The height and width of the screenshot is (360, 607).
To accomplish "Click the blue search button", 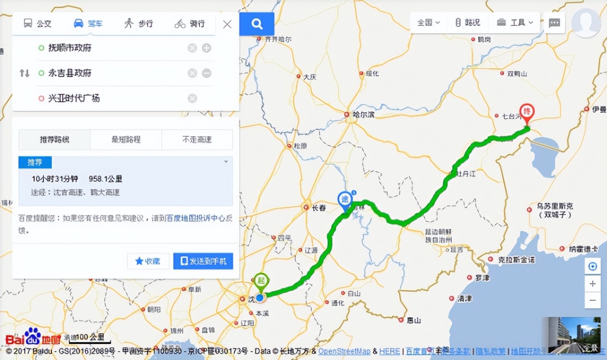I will tap(257, 24).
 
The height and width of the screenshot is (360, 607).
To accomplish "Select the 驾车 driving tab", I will tap(88, 23).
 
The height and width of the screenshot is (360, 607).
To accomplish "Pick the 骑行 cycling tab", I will tap(190, 23).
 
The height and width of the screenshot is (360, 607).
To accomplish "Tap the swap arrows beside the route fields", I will tap(24, 73).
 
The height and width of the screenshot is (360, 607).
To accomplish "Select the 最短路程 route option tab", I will tap(126, 139).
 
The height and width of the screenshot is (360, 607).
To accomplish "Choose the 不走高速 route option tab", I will tap(197, 139).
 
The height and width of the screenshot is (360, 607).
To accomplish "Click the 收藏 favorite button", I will tap(148, 261).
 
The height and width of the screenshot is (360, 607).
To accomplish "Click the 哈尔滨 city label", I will tap(363, 115).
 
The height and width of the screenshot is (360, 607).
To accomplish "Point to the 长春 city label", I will tap(319, 208).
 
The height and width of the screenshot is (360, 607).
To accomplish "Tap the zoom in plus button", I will tap(593, 284).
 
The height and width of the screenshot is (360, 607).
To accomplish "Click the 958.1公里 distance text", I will tap(105, 179).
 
